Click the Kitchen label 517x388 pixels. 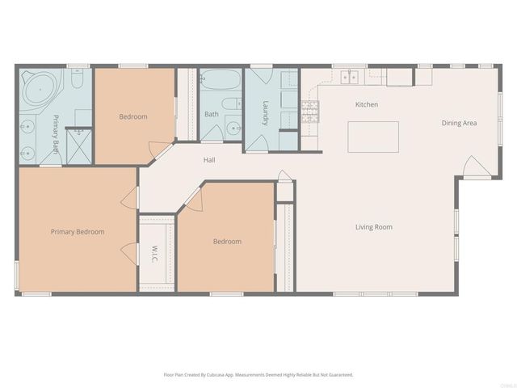coord(367,105)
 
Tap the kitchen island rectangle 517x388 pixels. coord(373,136)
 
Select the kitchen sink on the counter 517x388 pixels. coord(350,78)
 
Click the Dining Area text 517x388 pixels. coord(459,123)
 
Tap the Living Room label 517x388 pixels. coord(373,227)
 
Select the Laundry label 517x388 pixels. coord(265,112)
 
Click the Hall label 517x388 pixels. coord(209,161)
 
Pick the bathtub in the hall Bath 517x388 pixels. coord(221,82)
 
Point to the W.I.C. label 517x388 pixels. coord(153,255)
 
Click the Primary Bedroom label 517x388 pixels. coord(78,232)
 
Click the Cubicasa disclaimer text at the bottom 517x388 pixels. coord(258,374)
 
